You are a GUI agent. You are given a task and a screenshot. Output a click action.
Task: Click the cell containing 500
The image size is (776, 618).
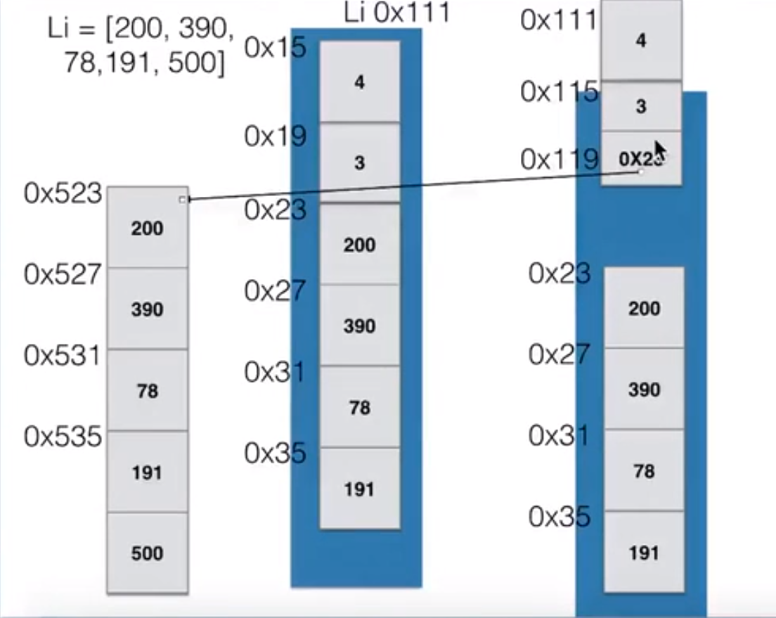[147, 553]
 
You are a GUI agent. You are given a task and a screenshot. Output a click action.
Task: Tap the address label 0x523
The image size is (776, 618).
[63, 193]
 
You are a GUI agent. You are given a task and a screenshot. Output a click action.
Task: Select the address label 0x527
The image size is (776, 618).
[63, 274]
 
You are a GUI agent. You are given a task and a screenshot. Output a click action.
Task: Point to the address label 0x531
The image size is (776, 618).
[63, 356]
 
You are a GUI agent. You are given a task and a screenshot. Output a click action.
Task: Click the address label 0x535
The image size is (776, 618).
[63, 437]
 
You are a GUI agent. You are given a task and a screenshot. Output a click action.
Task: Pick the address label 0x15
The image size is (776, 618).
[276, 48]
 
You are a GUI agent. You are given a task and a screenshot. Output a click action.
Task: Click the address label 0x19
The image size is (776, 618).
[276, 136]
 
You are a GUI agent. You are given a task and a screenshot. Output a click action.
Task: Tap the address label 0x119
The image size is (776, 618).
[560, 160]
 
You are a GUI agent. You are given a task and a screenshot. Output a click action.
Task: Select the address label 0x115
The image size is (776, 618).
[560, 91]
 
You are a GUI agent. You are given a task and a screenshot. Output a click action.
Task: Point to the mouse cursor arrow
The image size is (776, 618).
[659, 150]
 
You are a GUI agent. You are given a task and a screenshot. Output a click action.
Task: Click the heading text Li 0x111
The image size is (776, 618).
[396, 13]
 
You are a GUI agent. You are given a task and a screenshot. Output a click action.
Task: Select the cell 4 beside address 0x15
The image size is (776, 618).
[359, 82]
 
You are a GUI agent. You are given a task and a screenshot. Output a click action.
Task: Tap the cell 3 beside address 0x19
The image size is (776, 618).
[359, 163]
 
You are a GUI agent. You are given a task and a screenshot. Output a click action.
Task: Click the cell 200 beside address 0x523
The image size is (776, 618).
[147, 228]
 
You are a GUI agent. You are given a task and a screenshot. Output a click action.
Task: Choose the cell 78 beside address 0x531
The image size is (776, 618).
[147, 390]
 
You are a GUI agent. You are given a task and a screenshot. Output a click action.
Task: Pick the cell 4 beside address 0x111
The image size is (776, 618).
[640, 40]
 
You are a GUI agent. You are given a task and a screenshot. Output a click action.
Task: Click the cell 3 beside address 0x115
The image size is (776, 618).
[640, 106]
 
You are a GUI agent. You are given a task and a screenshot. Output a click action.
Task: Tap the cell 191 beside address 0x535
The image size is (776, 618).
[147, 472]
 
